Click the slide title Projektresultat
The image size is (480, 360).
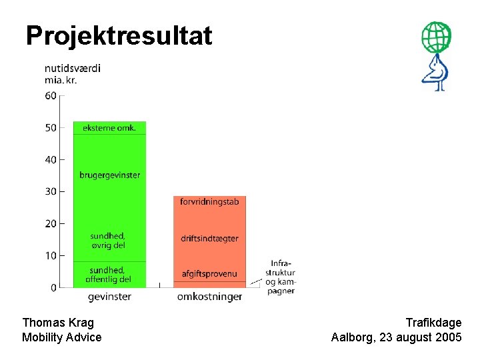(119, 35)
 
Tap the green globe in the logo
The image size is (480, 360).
(436, 37)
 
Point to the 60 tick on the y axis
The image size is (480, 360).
(51, 95)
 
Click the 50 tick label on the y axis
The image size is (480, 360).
(51, 127)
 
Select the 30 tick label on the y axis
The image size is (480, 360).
(51, 191)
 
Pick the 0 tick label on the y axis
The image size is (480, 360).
(53, 287)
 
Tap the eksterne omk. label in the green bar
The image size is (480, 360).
(109, 127)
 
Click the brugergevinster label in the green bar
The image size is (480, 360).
(109, 175)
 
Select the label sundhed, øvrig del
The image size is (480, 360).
(107, 240)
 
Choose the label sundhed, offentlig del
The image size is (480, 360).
(107, 274)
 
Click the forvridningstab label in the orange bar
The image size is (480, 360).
(209, 201)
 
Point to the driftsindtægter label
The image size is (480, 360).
(209, 239)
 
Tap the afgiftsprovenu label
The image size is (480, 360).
(209, 274)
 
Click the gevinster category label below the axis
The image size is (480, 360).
(109, 297)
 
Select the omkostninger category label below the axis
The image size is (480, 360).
(209, 297)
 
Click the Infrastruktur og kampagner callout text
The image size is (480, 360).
(280, 277)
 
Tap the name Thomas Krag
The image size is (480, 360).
(58, 323)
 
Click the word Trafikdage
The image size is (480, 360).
(433, 323)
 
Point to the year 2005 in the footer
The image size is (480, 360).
(447, 337)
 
